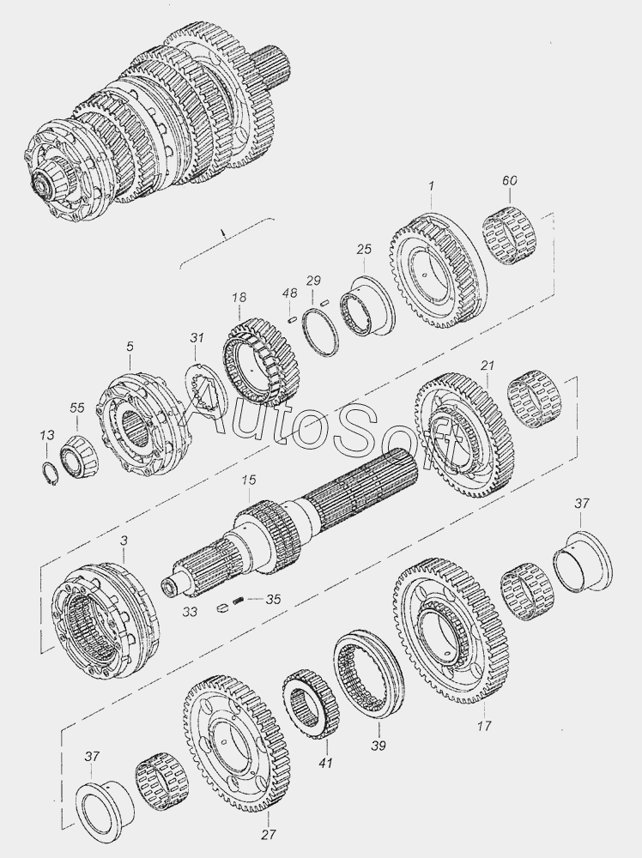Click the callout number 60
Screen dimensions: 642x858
(510, 180)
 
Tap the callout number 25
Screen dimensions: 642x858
(364, 250)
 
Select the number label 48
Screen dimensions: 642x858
(289, 293)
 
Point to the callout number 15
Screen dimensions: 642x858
(249, 480)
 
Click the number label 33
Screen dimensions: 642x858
(190, 611)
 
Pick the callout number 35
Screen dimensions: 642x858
(273, 599)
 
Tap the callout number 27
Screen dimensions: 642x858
(268, 835)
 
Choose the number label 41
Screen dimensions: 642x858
(325, 762)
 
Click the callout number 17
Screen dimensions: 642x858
(484, 726)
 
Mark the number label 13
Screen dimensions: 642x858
(46, 435)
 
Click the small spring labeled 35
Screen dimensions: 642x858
(239, 601)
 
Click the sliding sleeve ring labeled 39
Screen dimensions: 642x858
(369, 674)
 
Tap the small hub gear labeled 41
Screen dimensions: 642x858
(311, 704)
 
